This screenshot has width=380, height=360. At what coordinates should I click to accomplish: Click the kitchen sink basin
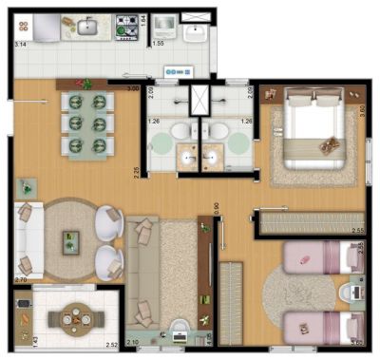point(86,28)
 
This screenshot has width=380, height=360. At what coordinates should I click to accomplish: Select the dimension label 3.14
point(19,44)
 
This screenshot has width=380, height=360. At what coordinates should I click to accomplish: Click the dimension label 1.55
point(158,44)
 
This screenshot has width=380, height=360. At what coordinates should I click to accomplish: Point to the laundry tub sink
point(197,33)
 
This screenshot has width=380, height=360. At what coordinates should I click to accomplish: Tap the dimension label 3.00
point(135,89)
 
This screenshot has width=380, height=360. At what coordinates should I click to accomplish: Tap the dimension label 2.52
point(111,346)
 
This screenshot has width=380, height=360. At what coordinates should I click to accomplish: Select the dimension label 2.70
point(20,280)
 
